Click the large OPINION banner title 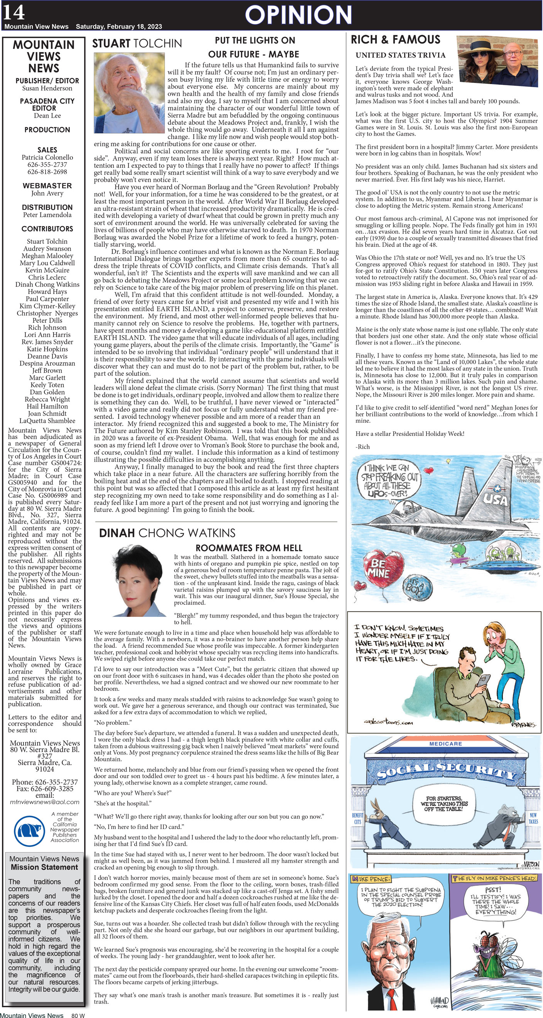click(298, 15)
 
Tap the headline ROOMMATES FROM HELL click(249, 548)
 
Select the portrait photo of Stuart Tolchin click(129, 93)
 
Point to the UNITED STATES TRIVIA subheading click(400, 55)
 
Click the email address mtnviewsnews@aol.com click(45, 802)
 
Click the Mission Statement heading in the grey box click(44, 867)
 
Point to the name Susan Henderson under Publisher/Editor click(47, 88)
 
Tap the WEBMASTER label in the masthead click(47, 185)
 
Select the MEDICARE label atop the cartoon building click(445, 744)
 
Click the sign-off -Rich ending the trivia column click(363, 447)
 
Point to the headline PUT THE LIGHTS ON click(255, 40)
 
